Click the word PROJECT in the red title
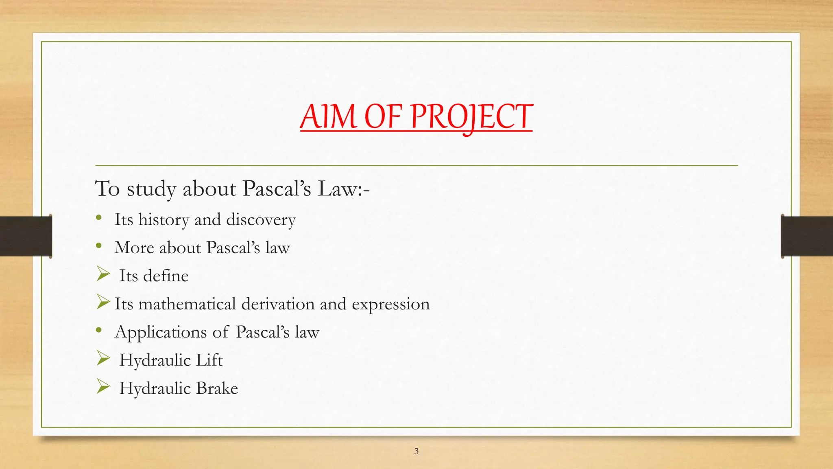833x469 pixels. [471, 117]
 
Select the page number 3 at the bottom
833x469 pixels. [416, 451]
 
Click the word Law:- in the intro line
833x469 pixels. [344, 189]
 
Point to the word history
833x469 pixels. [164, 220]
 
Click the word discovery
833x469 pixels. [261, 220]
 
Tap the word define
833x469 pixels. [166, 276]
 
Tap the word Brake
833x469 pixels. [217, 388]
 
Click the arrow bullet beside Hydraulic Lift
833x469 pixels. [103, 359]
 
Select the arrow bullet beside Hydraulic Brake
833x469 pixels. [103, 387]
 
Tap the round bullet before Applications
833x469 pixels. [99, 331]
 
